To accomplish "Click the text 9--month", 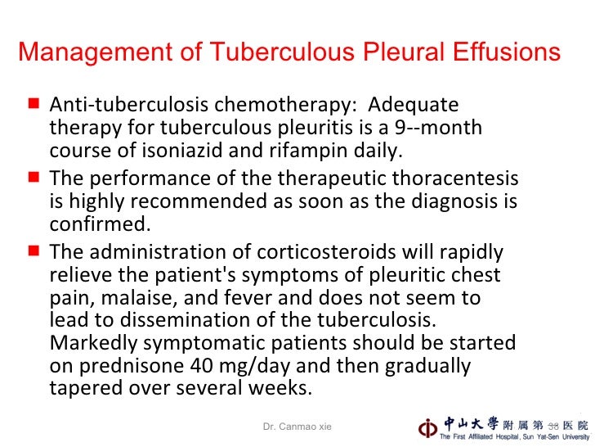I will (443, 129).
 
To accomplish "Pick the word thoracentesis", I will (459, 178).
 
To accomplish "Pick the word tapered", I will (85, 388).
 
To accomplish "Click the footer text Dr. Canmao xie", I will (297, 426).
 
